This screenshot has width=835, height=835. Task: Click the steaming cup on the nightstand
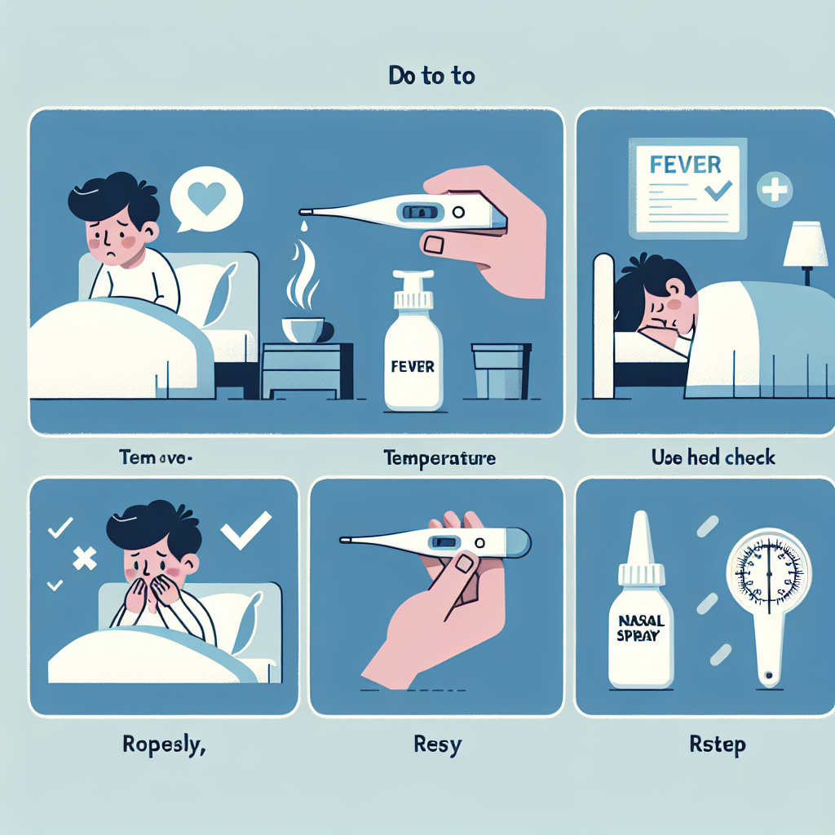[303, 329]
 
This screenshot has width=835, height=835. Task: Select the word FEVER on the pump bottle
[413, 366]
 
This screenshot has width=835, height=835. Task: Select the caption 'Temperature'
[440, 458]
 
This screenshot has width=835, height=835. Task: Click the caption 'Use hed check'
[714, 458]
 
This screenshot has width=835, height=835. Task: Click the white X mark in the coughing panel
[85, 558]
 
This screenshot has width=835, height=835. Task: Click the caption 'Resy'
[438, 744]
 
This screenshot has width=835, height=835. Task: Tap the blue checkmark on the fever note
[719, 192]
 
